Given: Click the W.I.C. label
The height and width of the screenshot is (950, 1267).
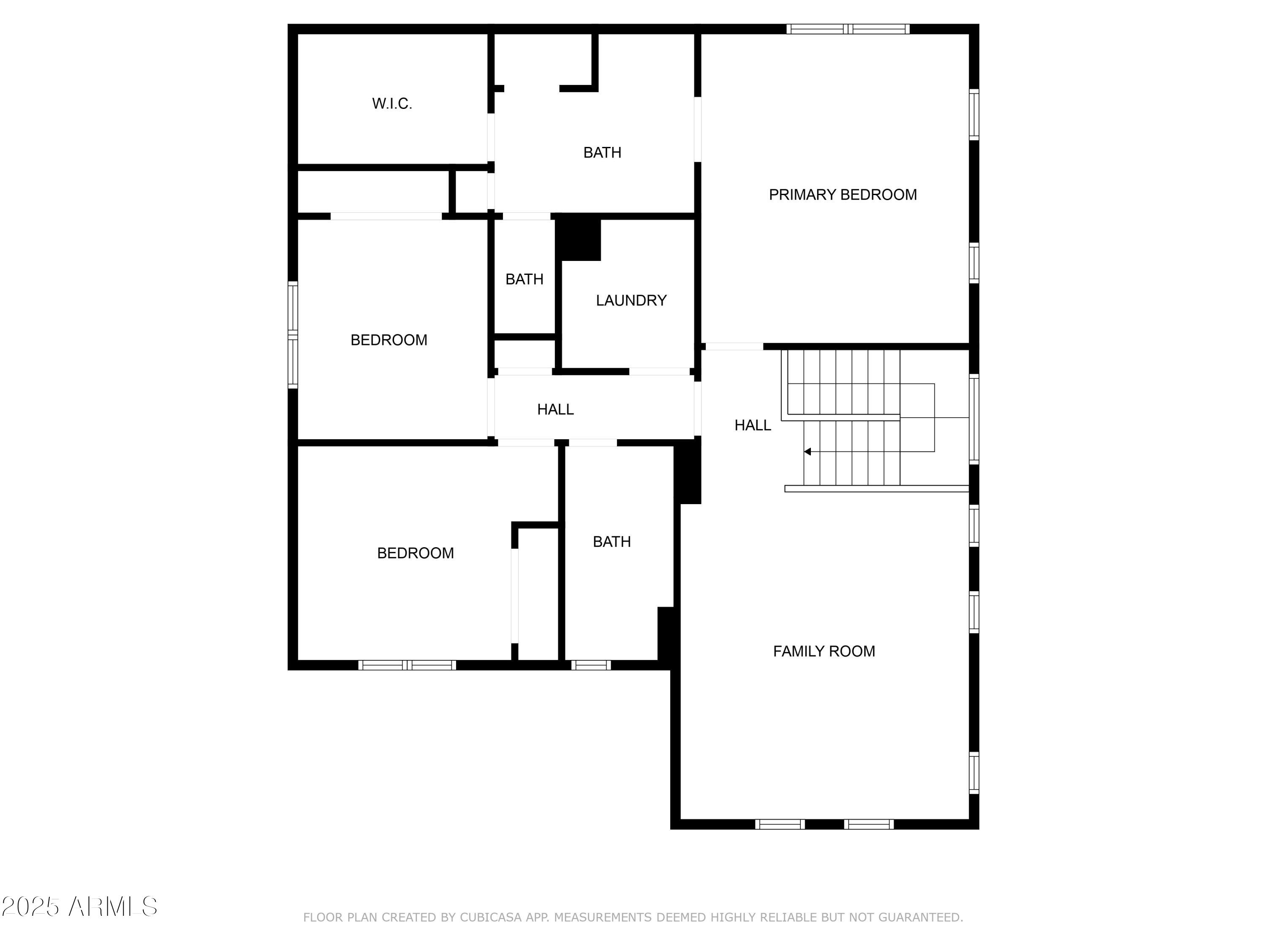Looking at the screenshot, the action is (392, 103).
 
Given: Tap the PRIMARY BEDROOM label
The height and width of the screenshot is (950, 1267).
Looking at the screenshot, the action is (843, 195).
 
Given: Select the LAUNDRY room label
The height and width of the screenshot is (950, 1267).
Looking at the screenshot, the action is (631, 301).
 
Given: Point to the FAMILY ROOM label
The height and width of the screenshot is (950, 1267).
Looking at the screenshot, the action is (824, 651).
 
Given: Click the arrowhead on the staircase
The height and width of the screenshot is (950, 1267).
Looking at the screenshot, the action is (807, 452).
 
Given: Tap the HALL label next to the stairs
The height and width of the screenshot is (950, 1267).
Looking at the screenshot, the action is (753, 425).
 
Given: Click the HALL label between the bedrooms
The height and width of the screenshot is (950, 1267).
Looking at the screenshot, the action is (555, 410).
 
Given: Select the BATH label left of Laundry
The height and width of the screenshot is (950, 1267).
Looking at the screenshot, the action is (524, 280).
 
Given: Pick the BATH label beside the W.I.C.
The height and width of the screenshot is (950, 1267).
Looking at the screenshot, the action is (602, 152).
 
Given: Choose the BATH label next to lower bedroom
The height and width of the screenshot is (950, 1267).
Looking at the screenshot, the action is (612, 542).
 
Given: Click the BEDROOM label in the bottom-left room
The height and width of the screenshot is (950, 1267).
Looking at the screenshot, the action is (415, 553).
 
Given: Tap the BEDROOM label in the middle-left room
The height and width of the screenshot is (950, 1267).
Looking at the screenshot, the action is (389, 340).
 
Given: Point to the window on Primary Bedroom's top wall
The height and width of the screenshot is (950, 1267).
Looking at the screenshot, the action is (848, 29).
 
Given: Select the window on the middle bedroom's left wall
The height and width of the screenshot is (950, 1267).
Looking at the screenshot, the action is (293, 335).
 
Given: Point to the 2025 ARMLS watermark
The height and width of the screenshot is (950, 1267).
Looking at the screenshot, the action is (80, 907).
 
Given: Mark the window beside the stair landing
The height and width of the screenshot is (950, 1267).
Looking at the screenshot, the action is (974, 418).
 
